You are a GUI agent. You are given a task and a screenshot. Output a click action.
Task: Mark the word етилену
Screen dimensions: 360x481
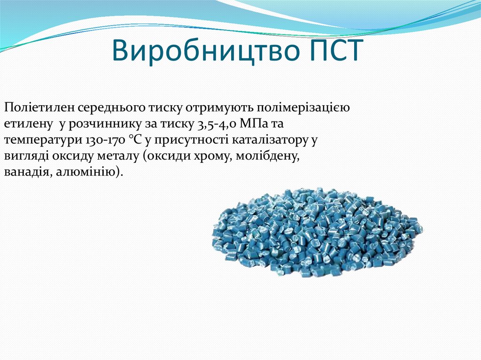point(26,124)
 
